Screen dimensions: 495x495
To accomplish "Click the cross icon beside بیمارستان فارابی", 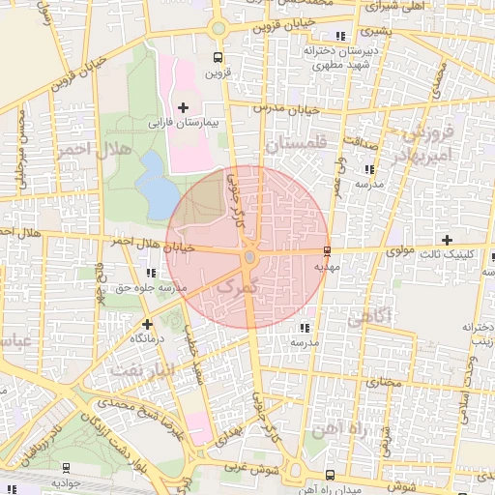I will point(184,105).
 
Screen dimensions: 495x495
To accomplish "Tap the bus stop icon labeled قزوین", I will point(217,55).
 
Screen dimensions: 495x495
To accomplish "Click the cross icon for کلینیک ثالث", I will point(447,239).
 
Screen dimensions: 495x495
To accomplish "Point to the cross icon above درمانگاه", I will point(146,324).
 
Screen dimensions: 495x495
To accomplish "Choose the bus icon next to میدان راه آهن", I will point(332,475).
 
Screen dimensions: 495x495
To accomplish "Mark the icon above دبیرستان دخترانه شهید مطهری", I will point(337,37).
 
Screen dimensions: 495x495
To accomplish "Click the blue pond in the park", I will point(152,184).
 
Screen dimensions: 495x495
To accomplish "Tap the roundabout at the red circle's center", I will point(249,256).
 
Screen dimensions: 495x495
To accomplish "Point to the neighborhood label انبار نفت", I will point(141,370).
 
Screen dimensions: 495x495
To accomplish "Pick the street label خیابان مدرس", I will point(285,106).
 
